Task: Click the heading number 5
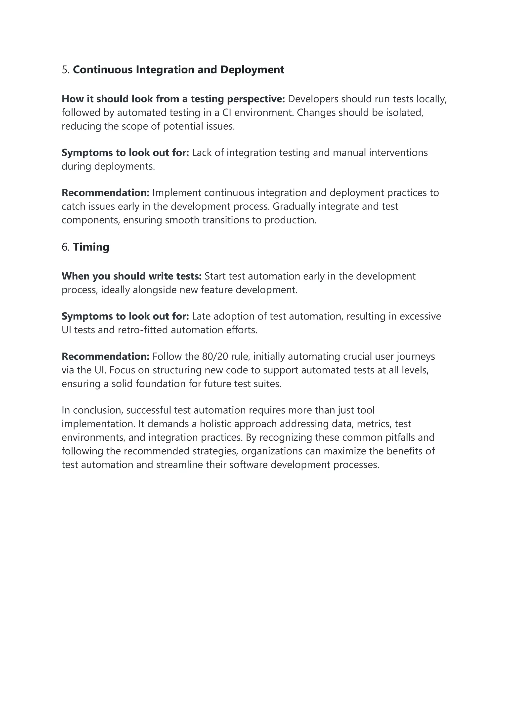[65, 70]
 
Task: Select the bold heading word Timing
[91, 247]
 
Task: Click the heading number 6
[65, 247]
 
